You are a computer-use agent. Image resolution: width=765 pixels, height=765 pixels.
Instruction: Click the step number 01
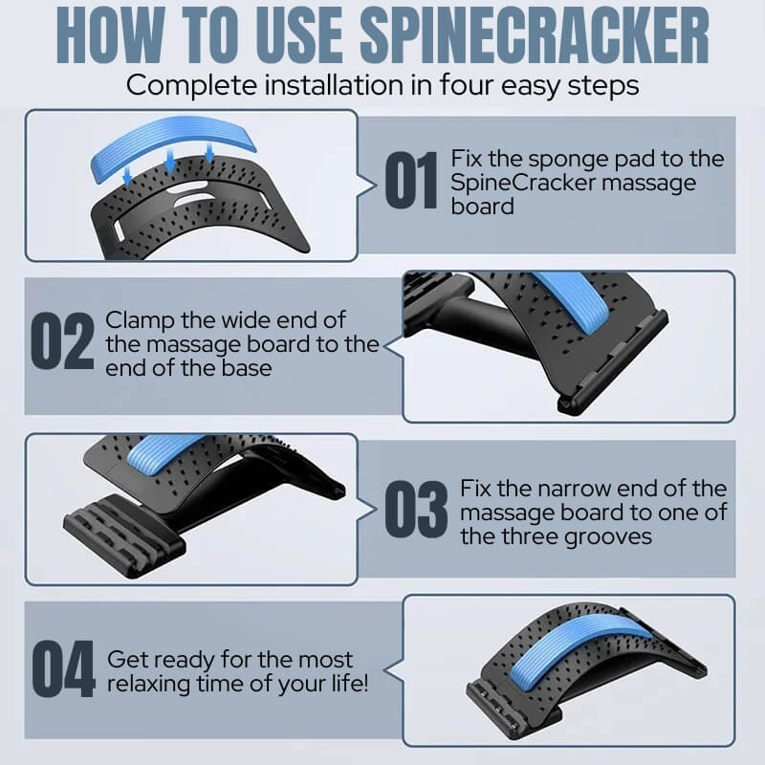[x=411, y=180]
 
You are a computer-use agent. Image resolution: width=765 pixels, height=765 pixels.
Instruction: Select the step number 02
[x=62, y=340]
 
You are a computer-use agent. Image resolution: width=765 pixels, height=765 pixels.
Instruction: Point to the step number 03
[x=416, y=509]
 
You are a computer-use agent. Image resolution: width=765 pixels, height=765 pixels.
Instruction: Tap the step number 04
[x=63, y=668]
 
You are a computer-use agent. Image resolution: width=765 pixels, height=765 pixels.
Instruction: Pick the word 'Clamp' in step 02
[x=140, y=321]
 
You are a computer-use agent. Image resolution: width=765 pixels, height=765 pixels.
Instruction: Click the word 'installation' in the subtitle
[x=334, y=85]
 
